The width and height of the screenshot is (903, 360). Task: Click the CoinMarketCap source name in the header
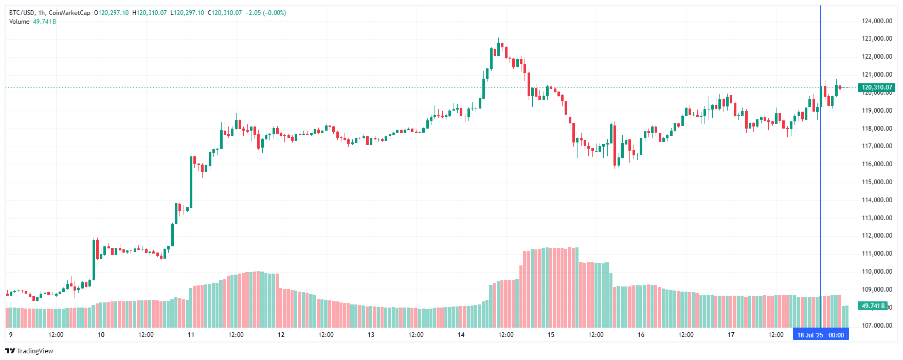[69, 13]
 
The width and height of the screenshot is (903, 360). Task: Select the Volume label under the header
[20, 22]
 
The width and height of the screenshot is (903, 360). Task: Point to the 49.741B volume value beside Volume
[45, 22]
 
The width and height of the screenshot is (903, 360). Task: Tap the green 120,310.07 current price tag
[877, 87]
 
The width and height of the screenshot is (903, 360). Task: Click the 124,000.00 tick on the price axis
[877, 21]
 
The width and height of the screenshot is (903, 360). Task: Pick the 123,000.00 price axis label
[877, 39]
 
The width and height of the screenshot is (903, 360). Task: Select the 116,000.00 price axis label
[877, 164]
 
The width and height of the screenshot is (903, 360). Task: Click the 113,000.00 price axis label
[877, 218]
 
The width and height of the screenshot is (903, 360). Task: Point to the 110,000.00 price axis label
[877, 272]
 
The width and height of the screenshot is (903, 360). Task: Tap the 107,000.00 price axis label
[877, 326]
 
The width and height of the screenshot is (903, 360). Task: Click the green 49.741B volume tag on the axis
[873, 306]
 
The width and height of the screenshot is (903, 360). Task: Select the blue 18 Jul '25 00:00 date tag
[821, 335]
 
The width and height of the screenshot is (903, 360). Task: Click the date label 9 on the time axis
[11, 335]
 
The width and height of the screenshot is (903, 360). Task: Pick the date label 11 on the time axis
[191, 335]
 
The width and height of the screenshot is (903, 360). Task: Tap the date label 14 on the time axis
[461, 335]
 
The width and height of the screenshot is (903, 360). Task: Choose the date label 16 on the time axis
[641, 335]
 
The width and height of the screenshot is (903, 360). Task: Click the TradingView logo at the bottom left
[29, 351]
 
